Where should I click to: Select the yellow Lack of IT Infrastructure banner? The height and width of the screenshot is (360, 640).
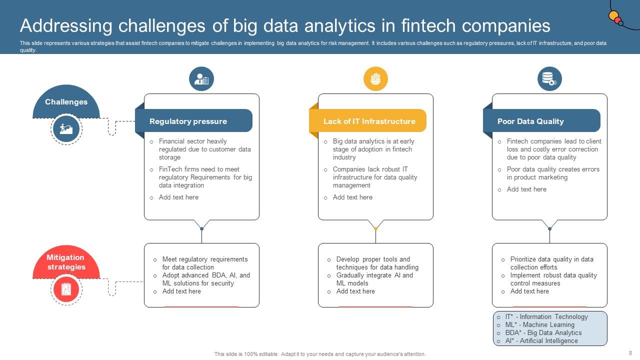[x=369, y=121]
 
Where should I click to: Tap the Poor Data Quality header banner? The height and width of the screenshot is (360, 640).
[x=542, y=121]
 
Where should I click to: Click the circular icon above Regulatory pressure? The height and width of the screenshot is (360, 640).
[x=201, y=79]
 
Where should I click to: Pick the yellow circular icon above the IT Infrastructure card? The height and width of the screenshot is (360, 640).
[x=375, y=79]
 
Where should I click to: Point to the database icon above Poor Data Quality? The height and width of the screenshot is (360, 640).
[x=549, y=79]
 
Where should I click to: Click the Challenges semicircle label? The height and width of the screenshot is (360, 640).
[x=66, y=102]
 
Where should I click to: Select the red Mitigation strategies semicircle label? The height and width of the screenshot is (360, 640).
[x=66, y=262]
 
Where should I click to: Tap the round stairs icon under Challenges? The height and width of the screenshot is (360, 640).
[x=66, y=129]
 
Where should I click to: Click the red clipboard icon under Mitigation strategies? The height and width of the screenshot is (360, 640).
[x=66, y=289]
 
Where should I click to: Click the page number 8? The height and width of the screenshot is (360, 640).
[x=630, y=353]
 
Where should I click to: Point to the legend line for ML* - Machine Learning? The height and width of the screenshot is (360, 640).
[x=539, y=324]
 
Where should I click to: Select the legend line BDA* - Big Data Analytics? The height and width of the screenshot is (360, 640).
[x=543, y=332]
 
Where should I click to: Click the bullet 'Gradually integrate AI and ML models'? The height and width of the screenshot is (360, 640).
[x=374, y=279]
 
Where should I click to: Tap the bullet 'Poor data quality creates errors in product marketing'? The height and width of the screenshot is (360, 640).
[x=552, y=173]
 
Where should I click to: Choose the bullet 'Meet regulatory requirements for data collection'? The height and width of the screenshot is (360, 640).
[x=204, y=263]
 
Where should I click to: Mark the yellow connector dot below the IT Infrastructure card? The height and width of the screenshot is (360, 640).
[x=375, y=228]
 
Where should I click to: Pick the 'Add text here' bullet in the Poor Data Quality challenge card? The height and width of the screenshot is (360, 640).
[x=526, y=189]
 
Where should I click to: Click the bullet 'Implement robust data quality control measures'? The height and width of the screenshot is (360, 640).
[x=553, y=279]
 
